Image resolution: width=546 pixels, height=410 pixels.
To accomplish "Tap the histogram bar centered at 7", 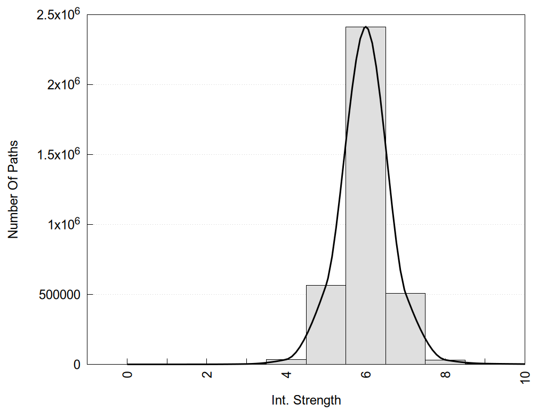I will click(405, 328).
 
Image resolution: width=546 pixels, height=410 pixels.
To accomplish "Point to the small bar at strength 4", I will click(286, 362).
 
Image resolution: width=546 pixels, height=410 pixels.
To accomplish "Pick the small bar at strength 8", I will click(445, 362).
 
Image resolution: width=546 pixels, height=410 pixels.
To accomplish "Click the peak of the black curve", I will click(366, 27).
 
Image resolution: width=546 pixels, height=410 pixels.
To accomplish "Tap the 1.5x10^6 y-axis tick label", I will click(58, 154).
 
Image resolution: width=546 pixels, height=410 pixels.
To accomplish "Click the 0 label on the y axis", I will click(76, 365).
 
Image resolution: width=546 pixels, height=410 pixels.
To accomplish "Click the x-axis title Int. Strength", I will click(306, 400).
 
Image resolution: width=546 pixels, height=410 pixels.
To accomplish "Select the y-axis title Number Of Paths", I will click(13, 190).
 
